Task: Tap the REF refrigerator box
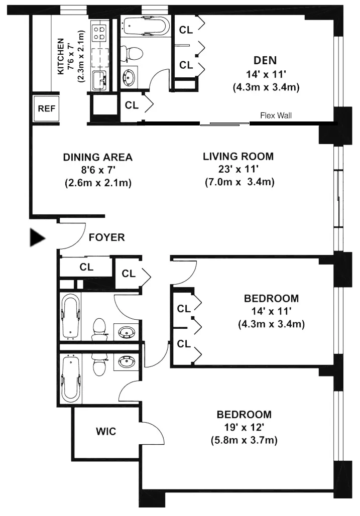pyautogui.click(x=47, y=108)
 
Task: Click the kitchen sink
pyautogui.click(x=99, y=79)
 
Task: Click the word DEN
pyautogui.click(x=265, y=61)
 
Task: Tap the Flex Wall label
pyautogui.click(x=276, y=115)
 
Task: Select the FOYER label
pyautogui.click(x=106, y=237)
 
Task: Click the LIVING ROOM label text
pyautogui.click(x=238, y=157)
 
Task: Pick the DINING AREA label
pyautogui.click(x=98, y=157)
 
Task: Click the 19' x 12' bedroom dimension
pyautogui.click(x=244, y=428)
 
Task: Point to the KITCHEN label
pyautogui.click(x=61, y=57)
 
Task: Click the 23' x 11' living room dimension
pyautogui.click(x=238, y=169)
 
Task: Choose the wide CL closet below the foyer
pyautogui.click(x=86, y=267)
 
